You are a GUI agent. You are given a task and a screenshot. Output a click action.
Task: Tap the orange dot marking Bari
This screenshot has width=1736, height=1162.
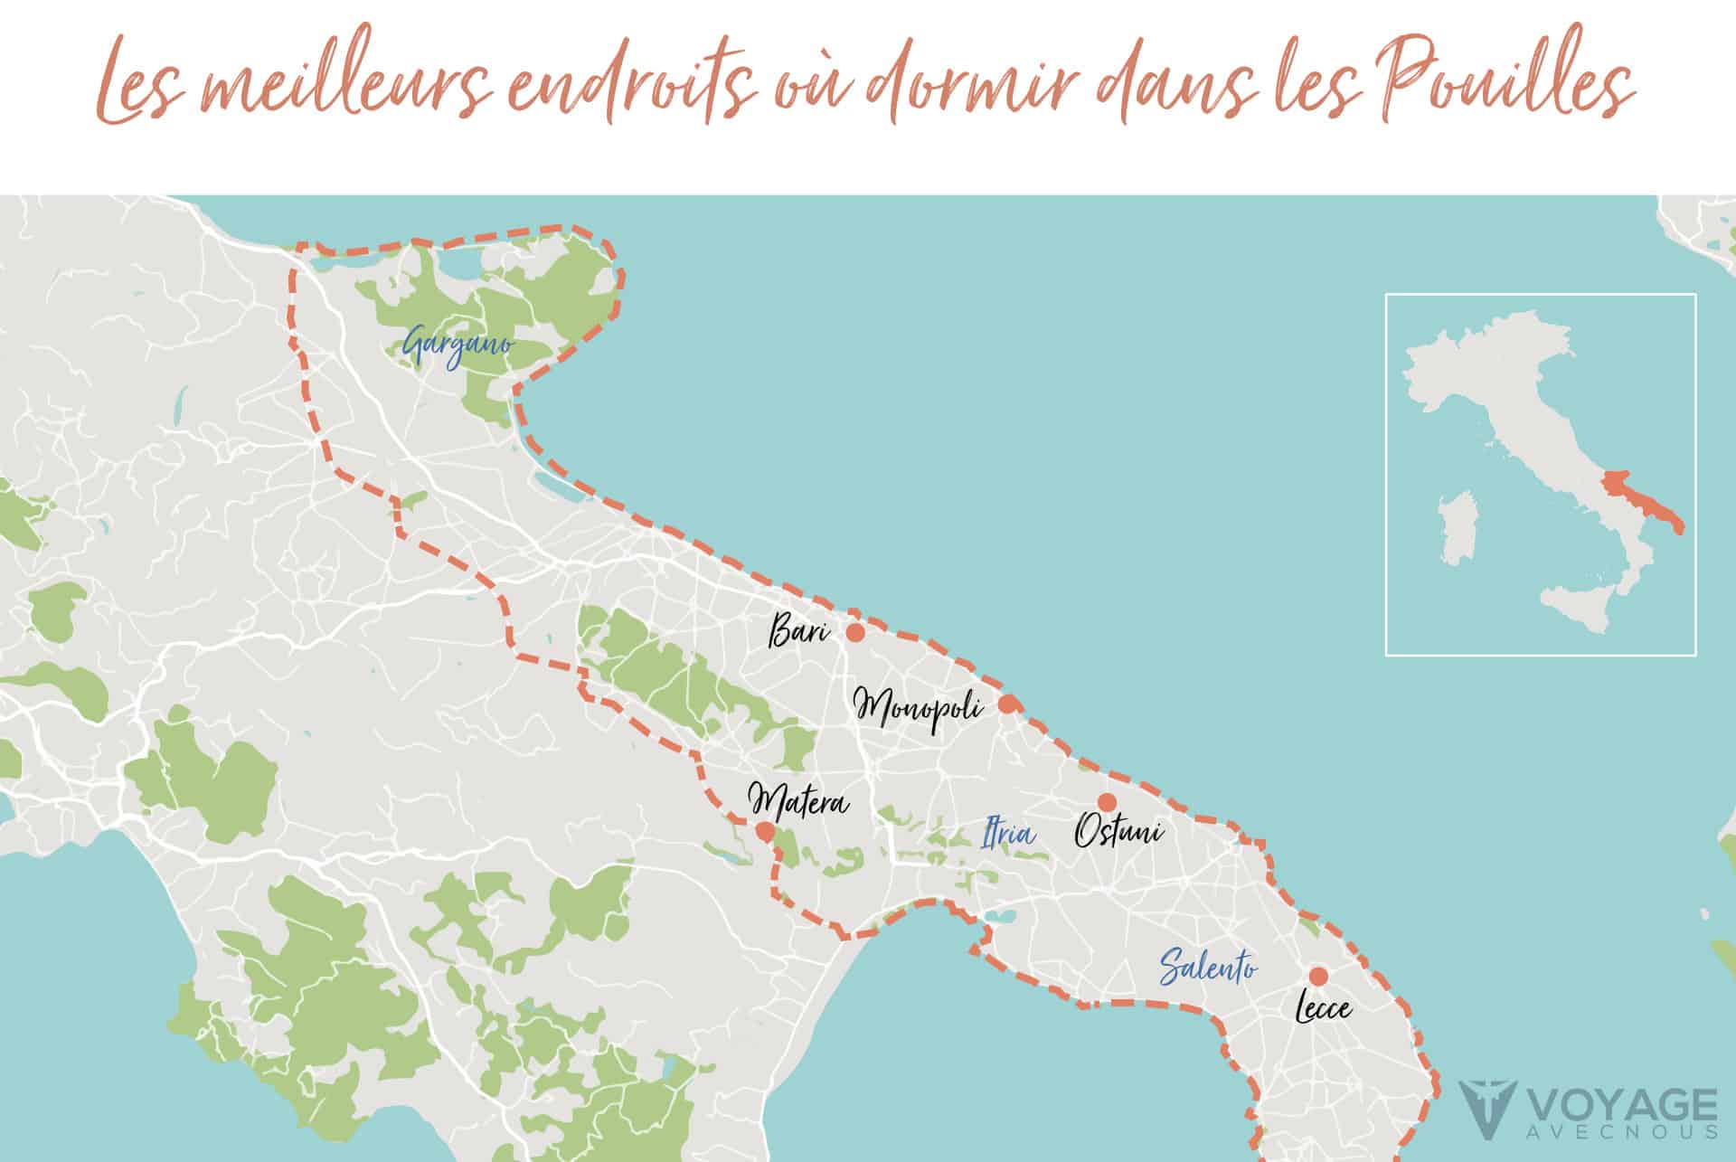pos(854,633)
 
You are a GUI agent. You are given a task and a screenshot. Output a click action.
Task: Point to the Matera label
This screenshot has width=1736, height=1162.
pos(798,801)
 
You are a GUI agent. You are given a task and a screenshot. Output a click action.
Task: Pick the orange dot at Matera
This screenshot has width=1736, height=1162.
pos(765,832)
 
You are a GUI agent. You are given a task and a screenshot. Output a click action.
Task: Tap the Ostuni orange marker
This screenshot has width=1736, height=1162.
pos(1107,802)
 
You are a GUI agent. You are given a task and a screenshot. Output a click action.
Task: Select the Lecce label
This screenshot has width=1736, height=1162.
pos(1324,1009)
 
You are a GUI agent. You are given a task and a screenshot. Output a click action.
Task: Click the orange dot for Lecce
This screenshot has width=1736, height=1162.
pos(1318,977)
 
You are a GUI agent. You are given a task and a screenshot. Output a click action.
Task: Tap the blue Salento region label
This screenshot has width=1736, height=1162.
pos(1208,967)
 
